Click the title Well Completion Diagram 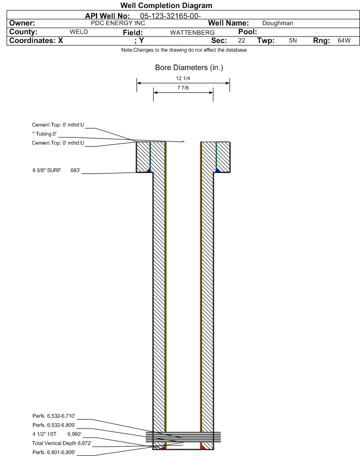(166, 6)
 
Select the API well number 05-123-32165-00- (171, 16)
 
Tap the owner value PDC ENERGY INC (118, 23)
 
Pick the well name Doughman (277, 23)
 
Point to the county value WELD (79, 32)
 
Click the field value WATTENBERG (193, 33)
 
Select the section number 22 (241, 41)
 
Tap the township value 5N (293, 41)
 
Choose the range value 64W (344, 41)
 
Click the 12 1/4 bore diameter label (183, 78)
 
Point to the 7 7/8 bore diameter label (183, 88)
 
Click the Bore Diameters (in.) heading (189, 68)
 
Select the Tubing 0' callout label (45, 134)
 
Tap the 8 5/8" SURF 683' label (56, 171)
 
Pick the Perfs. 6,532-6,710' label (54, 416)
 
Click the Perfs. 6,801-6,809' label (54, 453)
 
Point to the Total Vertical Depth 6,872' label (62, 444)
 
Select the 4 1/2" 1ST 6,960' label (57, 434)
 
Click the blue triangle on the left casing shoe (149, 170)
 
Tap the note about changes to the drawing (184, 50)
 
